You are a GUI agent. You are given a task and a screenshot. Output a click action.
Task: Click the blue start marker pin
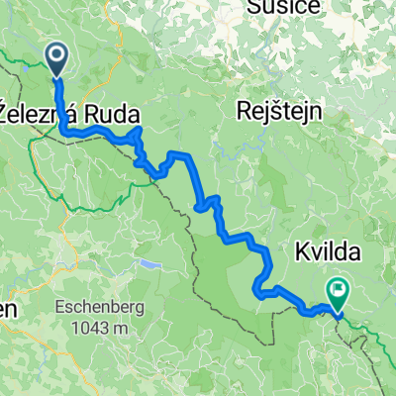click(x=55, y=58)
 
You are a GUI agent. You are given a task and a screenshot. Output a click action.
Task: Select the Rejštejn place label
click(x=283, y=112)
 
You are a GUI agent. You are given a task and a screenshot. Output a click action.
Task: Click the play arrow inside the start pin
click(x=55, y=56)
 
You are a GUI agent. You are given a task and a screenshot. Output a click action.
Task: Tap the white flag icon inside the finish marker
click(x=340, y=290)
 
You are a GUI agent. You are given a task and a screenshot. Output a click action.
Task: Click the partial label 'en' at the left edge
click(x=8, y=309)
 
